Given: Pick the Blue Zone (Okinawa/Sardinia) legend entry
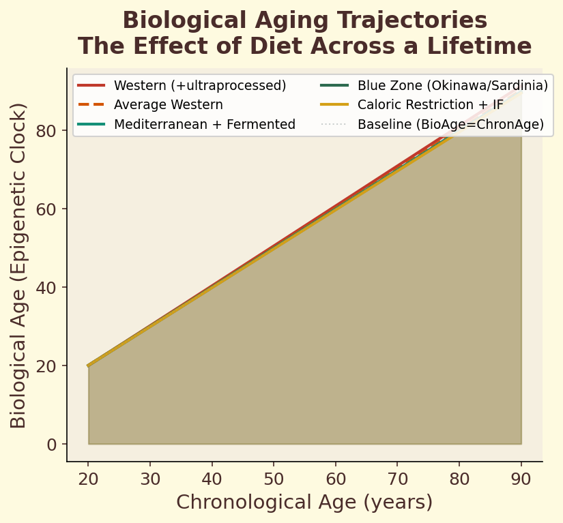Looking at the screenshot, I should pyautogui.click(x=452, y=85).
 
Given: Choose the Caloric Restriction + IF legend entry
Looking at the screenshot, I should pyautogui.click(x=431, y=105).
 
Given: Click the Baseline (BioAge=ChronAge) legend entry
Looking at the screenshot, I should pyautogui.click(x=450, y=124).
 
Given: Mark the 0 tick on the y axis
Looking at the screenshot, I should pyautogui.click(x=53, y=445).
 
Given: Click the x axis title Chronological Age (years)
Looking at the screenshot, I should pyautogui.click(x=304, y=503).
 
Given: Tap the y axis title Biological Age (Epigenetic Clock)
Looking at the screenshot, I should pyautogui.click(x=18, y=265).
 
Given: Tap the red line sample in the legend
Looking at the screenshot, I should pyautogui.click(x=91, y=85).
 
